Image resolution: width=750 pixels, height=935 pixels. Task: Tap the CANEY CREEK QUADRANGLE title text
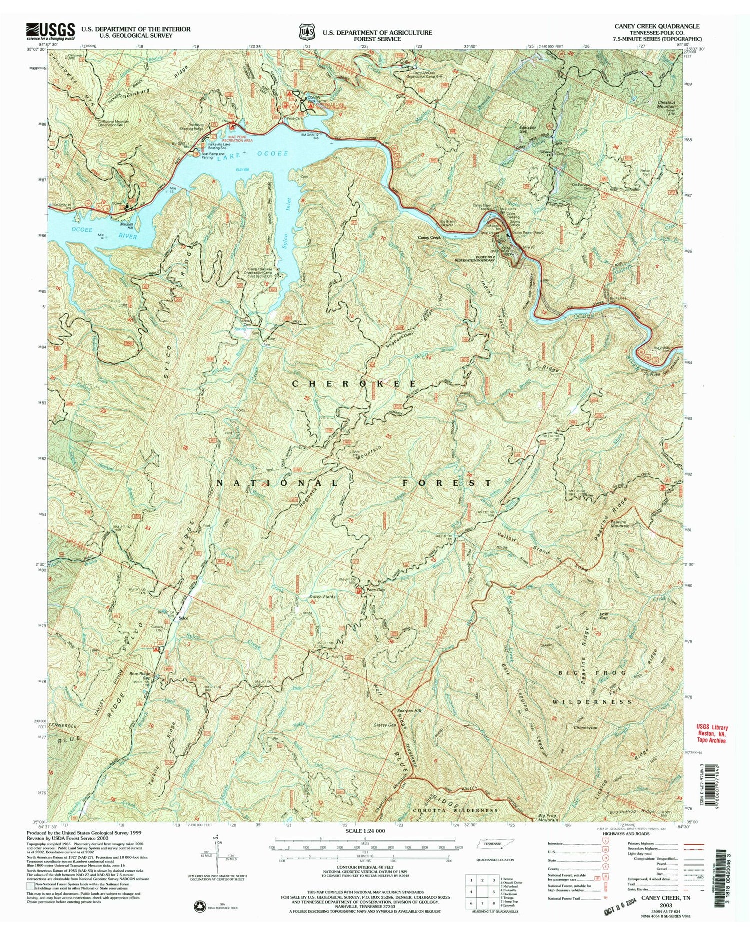[x=655, y=26]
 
